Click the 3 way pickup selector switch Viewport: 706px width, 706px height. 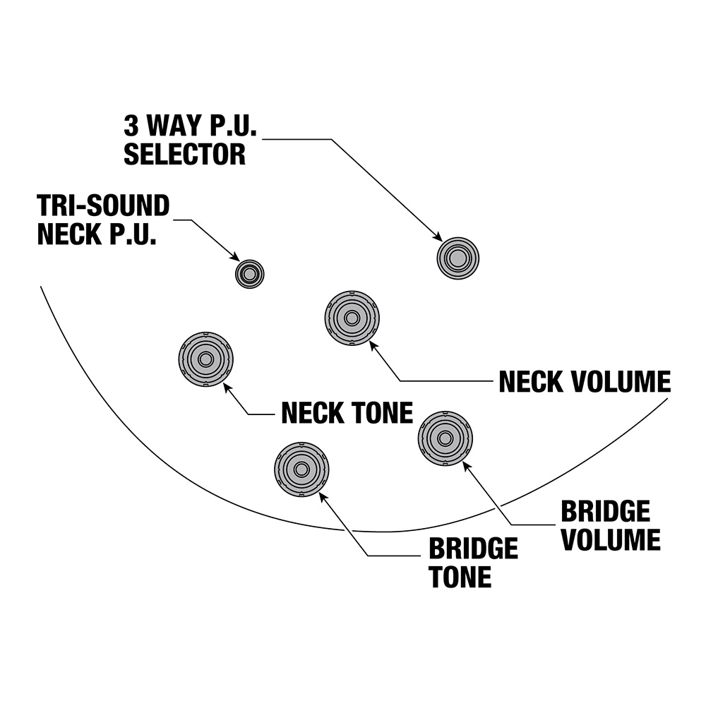click(x=457, y=258)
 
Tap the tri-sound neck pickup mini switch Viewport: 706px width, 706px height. click(x=249, y=273)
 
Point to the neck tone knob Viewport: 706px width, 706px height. click(x=205, y=359)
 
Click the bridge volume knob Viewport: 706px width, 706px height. click(x=445, y=438)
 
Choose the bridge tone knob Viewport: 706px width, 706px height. click(x=301, y=469)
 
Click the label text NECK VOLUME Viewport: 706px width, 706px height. click(x=585, y=382)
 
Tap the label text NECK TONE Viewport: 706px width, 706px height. click(x=347, y=413)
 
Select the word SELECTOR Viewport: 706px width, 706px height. click(x=185, y=154)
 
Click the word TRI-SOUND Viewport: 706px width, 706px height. click(x=104, y=206)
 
